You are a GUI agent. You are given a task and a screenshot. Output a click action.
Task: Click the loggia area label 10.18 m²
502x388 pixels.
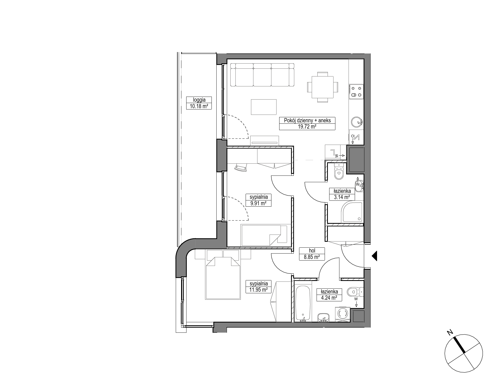[x=199, y=106]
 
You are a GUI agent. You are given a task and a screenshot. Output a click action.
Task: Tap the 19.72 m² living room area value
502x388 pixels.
[x=307, y=127]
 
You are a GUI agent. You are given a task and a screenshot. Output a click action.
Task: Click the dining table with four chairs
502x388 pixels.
[x=322, y=87]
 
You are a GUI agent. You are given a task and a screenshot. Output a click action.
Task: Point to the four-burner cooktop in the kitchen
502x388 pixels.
[x=356, y=91]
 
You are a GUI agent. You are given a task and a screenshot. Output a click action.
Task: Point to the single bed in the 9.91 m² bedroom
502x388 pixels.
[x=264, y=235]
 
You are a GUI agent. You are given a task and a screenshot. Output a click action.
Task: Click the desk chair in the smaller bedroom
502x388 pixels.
[x=241, y=167]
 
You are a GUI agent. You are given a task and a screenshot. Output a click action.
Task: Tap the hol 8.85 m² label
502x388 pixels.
[x=312, y=254]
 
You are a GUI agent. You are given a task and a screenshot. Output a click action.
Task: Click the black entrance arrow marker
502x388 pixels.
[x=375, y=256]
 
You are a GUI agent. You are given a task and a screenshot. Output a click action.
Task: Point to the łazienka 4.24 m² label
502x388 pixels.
[x=329, y=295]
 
